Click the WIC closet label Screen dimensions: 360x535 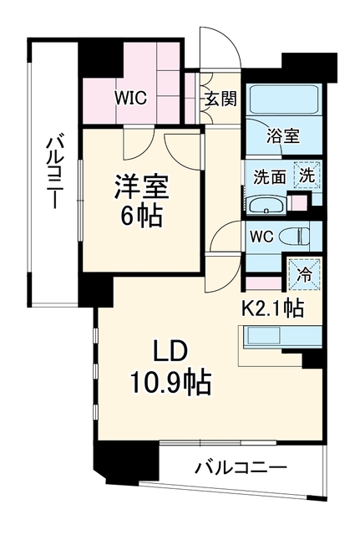click(x=130, y=99)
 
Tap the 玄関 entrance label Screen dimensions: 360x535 click(x=221, y=99)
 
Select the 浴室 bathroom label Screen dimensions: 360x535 click(x=283, y=136)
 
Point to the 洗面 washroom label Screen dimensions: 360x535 click(x=269, y=177)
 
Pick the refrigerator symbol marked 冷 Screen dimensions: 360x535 click(x=304, y=275)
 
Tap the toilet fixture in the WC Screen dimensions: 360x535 click(x=294, y=236)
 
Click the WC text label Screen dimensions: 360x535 click(x=262, y=237)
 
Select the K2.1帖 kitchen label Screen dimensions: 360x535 click(x=272, y=308)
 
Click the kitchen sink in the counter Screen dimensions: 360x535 click(x=264, y=336)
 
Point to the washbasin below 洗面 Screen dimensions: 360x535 click(x=267, y=206)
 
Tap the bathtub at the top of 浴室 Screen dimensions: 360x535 click(x=284, y=100)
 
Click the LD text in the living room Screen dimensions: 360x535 click(x=170, y=353)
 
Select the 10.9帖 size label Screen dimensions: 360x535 click(x=170, y=383)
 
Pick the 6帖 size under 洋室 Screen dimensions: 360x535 click(x=141, y=216)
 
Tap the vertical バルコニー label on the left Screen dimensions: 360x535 click(x=54, y=173)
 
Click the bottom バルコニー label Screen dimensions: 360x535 click(x=241, y=467)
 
